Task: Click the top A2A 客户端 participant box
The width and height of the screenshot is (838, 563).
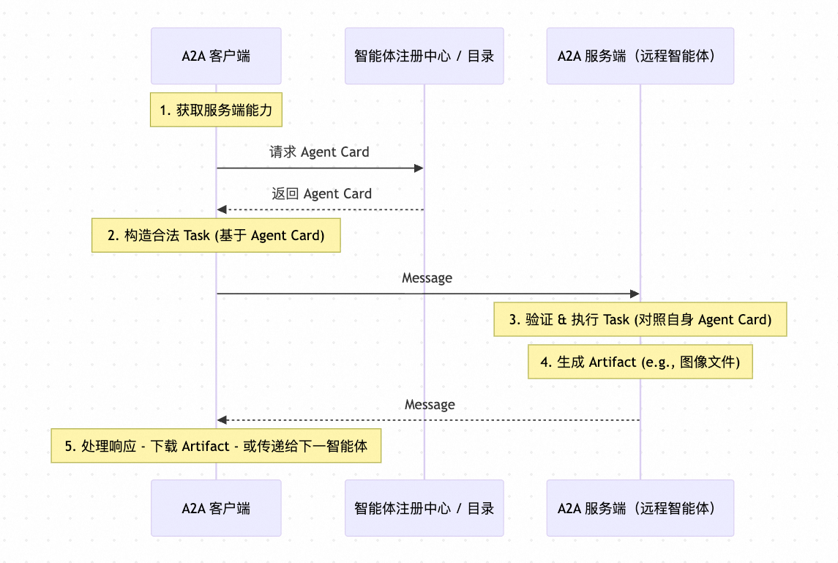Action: tap(216, 56)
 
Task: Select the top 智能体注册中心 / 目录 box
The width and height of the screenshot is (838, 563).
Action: tap(424, 56)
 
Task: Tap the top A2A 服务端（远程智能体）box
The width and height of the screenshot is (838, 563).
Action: tap(640, 56)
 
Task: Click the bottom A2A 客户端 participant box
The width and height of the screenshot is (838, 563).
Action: tap(216, 508)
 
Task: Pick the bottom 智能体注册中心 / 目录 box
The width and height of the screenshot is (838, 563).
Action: tap(424, 508)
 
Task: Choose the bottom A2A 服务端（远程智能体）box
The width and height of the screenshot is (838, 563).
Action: tap(640, 508)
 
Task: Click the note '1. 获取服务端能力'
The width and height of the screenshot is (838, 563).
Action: tap(216, 110)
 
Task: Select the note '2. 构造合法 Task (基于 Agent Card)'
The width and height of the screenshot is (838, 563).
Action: tap(216, 235)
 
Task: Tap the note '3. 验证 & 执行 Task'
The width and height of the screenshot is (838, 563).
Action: tap(640, 319)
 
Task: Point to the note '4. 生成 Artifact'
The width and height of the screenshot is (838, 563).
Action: tap(640, 362)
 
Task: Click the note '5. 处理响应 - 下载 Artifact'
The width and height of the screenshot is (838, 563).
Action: tap(216, 446)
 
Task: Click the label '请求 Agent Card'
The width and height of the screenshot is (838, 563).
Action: tap(319, 152)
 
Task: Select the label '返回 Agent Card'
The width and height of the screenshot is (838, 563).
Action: tap(321, 194)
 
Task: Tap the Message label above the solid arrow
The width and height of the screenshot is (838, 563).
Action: tap(427, 278)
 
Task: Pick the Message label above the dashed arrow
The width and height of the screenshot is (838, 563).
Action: tap(430, 404)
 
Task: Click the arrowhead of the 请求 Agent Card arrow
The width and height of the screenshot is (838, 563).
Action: tap(419, 168)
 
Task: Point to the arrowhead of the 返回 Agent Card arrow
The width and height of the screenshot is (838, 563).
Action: tap(221, 210)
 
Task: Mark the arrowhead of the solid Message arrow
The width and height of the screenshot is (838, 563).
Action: tap(635, 294)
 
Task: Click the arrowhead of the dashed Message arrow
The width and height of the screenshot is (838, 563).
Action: tap(221, 420)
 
